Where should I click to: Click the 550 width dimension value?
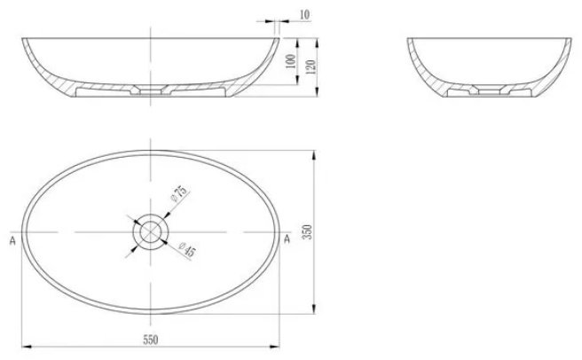[x=151, y=340]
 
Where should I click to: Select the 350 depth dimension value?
[x=308, y=232]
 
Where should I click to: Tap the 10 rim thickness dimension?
[x=304, y=15]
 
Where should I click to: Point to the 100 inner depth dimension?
[x=291, y=61]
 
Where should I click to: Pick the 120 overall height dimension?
[x=311, y=67]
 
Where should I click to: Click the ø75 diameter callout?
[x=179, y=192]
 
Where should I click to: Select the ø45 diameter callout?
[x=186, y=249]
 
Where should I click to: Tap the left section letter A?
[x=12, y=240]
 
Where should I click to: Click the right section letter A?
[x=287, y=239]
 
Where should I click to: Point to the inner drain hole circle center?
[x=150, y=232]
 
